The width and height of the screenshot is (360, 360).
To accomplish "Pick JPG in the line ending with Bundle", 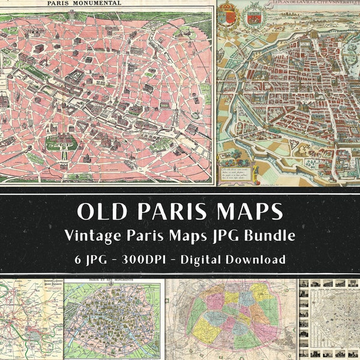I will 224,236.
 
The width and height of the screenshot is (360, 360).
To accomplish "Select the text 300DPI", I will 134,260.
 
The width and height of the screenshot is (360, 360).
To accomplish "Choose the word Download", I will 254,260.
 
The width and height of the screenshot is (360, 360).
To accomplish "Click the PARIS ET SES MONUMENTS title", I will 113,281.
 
